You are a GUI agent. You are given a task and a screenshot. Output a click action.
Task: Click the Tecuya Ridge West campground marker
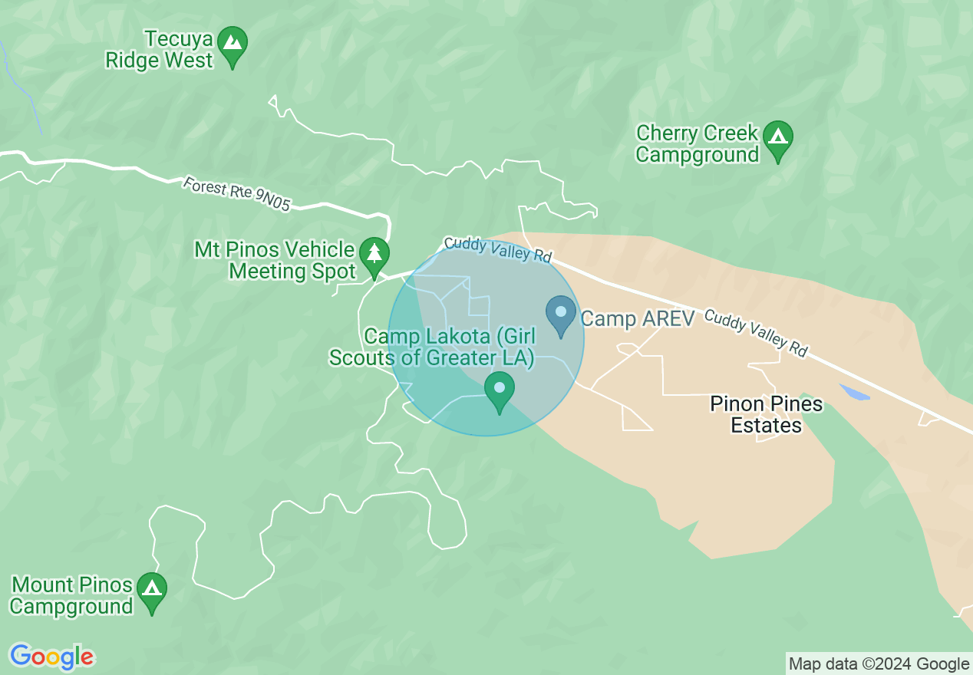[233, 45]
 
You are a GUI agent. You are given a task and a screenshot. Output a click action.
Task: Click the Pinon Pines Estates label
[766, 414]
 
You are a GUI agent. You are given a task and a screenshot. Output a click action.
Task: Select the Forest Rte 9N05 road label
[237, 194]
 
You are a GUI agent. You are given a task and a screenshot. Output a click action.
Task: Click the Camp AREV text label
[637, 318]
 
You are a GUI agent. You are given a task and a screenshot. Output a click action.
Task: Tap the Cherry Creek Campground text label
[697, 144]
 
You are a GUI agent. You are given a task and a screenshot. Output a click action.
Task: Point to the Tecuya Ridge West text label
[159, 49]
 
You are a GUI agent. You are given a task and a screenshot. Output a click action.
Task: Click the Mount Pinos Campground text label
[72, 596]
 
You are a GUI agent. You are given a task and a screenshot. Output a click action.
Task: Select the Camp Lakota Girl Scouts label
[432, 347]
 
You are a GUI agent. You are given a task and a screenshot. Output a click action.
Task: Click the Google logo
[51, 657]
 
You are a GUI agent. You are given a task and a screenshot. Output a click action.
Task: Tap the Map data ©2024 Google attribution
[879, 664]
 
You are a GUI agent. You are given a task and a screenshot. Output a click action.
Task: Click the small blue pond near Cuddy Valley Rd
[854, 393]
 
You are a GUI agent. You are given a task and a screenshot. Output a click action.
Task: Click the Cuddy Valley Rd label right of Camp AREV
[756, 333]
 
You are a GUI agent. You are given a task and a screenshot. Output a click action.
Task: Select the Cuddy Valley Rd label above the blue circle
[498, 249]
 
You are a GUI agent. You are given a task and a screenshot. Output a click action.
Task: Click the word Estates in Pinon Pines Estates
[766, 425]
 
